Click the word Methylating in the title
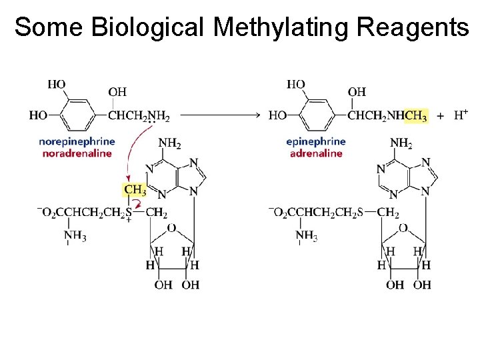[x=282, y=27]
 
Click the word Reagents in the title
[x=413, y=27]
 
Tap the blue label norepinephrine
[x=77, y=141]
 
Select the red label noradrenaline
[x=77, y=153]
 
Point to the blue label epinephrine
[x=316, y=141]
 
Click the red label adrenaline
[x=316, y=153]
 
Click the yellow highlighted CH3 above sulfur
[x=135, y=189]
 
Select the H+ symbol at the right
[x=461, y=115]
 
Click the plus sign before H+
[x=440, y=115]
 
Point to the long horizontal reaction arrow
[x=220, y=115]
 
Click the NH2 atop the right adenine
[x=401, y=142]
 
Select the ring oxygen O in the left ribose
[x=171, y=228]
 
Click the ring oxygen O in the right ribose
[x=403, y=228]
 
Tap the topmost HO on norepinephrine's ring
[x=57, y=84]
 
